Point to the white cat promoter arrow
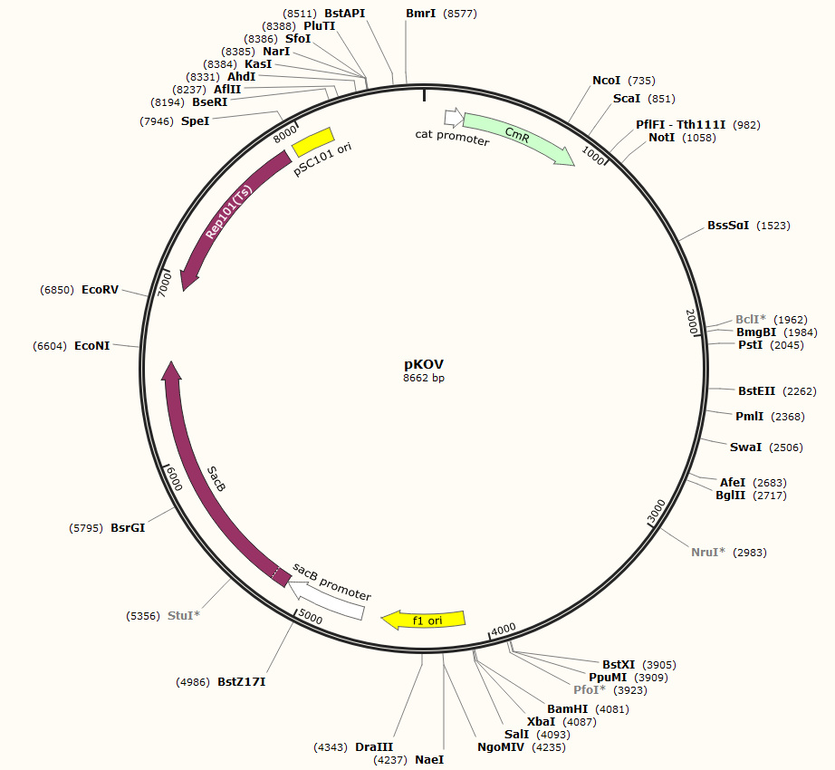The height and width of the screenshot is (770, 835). coord(453,118)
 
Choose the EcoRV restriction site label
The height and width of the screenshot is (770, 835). coord(100,290)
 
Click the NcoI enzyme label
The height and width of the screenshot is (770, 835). coord(606,81)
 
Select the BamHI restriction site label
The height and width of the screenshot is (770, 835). coord(568,709)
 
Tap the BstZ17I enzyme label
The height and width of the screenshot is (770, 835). coord(242,681)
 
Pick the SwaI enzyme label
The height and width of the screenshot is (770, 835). coord(746,448)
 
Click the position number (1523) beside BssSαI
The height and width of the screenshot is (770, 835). coord(773,226)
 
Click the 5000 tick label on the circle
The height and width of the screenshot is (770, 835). coord(310,617)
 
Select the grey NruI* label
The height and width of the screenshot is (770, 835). coord(708,552)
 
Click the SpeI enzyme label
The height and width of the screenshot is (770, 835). coord(195,120)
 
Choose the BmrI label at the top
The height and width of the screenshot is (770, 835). coord(421,14)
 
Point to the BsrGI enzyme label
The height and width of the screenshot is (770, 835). coord(128,527)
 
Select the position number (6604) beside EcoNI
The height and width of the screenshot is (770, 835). coord(49,345)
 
